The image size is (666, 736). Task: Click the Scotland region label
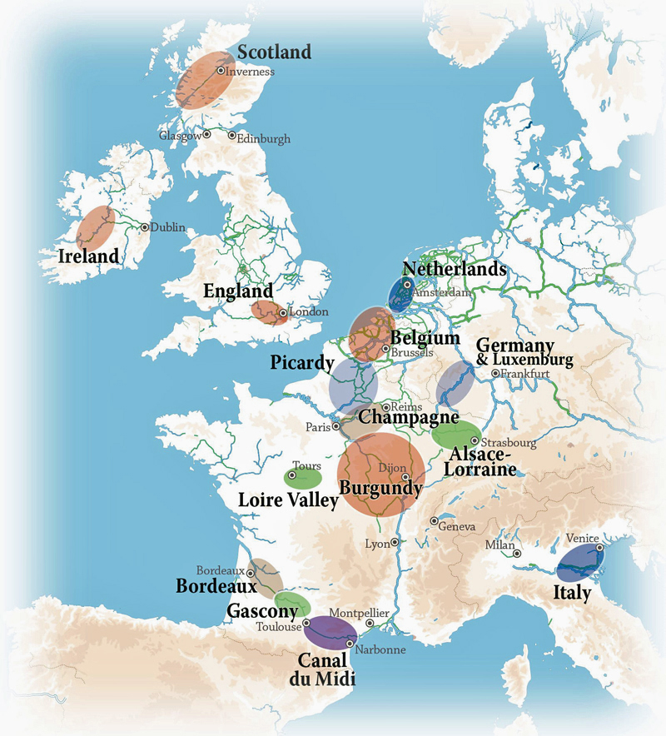(274, 52)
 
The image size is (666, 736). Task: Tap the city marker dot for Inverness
(221, 71)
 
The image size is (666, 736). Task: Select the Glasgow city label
(180, 135)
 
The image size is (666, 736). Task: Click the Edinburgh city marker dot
(231, 135)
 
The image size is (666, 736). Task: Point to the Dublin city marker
(145, 226)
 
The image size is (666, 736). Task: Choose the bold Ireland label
(88, 256)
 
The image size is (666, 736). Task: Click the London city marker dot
(283, 314)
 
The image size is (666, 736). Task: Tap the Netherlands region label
(454, 269)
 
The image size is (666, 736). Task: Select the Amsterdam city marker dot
(407, 285)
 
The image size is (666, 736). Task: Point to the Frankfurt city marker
(495, 374)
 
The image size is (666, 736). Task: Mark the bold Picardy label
(301, 364)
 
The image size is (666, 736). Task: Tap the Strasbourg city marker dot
(475, 441)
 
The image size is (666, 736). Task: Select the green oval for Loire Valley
(303, 479)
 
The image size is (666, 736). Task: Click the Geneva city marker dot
(434, 520)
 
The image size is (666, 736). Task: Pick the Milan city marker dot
(517, 553)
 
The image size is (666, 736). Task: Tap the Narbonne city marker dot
(349, 644)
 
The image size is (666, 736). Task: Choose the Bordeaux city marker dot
(250, 573)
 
